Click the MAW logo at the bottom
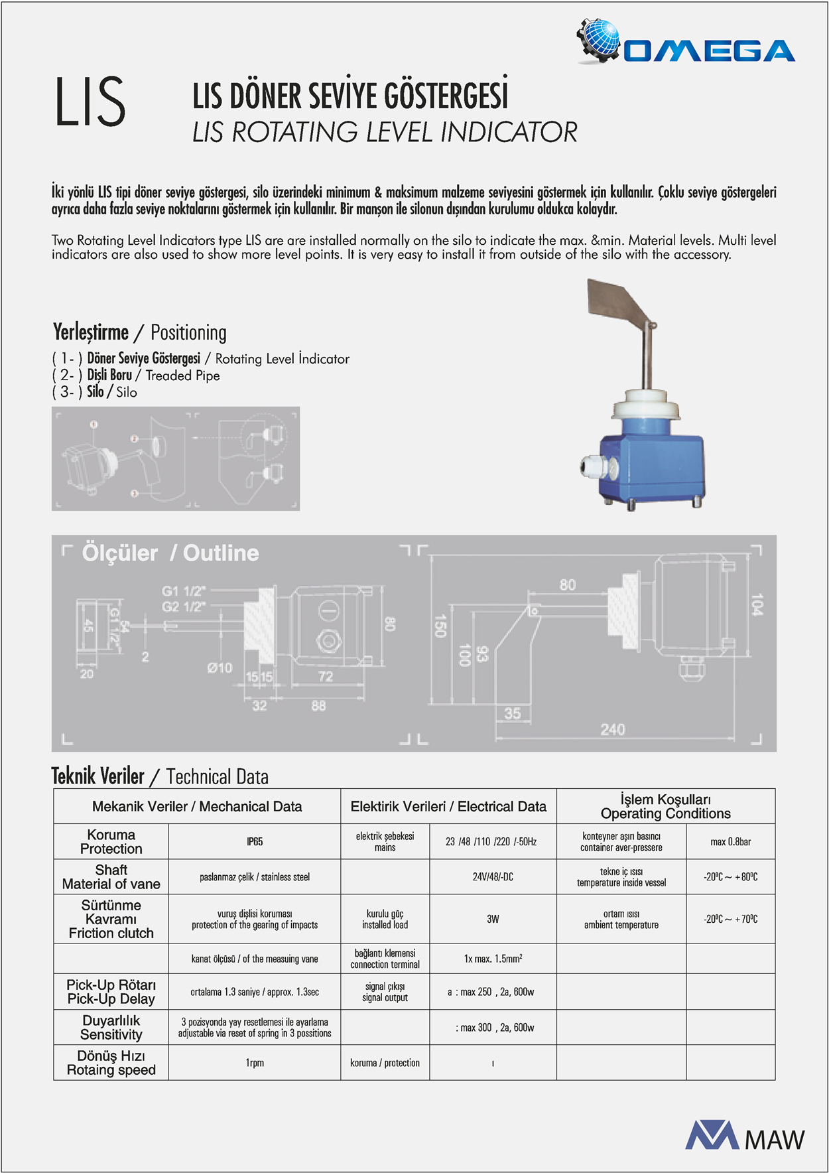(745, 1136)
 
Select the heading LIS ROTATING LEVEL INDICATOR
(385, 132)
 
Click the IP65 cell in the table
(255, 842)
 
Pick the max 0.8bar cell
(730, 842)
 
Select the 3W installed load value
(493, 919)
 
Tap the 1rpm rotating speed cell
(255, 1063)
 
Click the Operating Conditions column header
(665, 806)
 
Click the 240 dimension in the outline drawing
(612, 730)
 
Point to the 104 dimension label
(757, 604)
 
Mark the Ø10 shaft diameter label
(220, 668)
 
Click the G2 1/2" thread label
(183, 606)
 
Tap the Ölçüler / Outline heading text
(170, 553)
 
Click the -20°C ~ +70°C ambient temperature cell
(730, 919)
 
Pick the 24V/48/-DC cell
(493, 877)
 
